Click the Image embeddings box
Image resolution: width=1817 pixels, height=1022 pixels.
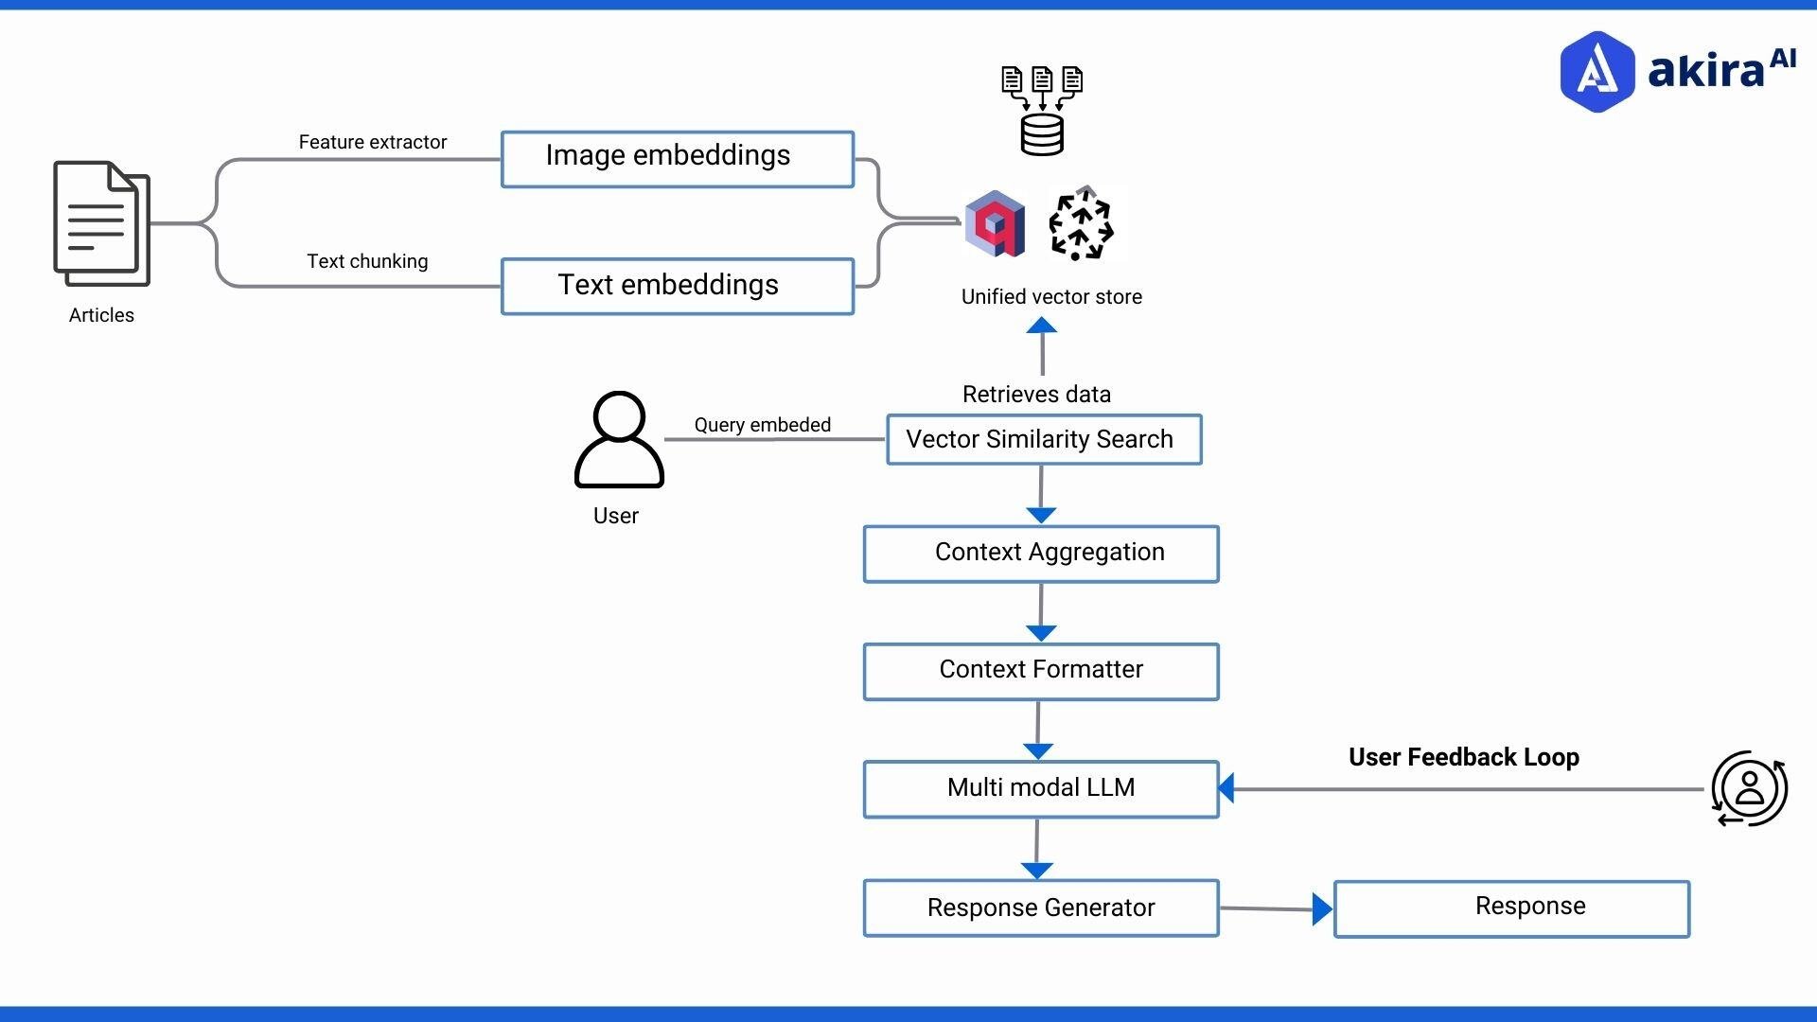pos(677,159)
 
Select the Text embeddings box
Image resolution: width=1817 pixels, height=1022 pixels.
pos(677,286)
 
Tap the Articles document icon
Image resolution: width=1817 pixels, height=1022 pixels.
pos(101,223)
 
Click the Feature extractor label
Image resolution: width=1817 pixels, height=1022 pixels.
pos(372,142)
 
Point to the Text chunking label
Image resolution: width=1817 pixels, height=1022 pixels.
pos(367,261)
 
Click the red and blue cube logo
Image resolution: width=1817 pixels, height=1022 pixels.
pos(994,224)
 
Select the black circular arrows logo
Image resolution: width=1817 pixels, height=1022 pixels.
pos(1081,225)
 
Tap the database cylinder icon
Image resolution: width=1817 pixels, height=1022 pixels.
pos(1042,134)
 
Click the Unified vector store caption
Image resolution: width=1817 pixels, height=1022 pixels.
pos(1051,297)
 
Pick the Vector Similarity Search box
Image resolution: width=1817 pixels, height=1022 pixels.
pos(1044,439)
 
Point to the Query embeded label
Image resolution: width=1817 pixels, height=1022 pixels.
pos(762,425)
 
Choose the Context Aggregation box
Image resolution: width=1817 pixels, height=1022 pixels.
pos(1041,554)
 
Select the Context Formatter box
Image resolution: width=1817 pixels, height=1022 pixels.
pos(1041,671)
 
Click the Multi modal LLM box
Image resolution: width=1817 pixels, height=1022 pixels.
pos(1041,788)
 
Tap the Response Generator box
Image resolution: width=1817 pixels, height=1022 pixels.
pos(1041,907)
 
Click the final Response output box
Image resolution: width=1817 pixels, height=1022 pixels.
pos(1511,908)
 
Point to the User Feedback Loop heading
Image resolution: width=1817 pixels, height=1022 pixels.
pos(1463,757)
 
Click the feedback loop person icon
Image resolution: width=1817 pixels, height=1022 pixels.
pos(1749,788)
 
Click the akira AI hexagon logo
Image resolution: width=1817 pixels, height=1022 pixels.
pos(1596,72)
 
